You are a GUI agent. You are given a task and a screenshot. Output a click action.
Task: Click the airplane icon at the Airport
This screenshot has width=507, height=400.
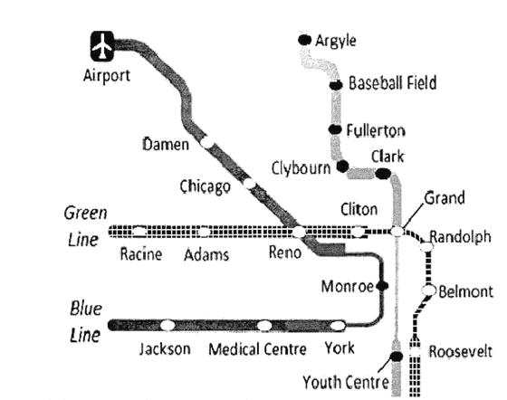(x=102, y=46)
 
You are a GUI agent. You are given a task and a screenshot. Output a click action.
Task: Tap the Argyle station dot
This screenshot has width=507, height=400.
(x=304, y=40)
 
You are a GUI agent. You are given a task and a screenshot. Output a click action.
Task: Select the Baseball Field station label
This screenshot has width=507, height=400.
(x=393, y=82)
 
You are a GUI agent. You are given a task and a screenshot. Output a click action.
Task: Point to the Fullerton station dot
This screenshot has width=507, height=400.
(x=335, y=129)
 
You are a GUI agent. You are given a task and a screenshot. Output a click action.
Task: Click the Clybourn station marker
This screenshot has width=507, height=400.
(x=342, y=167)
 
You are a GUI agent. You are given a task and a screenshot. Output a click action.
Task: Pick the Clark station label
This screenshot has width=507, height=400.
(x=387, y=157)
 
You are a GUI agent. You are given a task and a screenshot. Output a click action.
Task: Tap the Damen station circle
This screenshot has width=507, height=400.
(x=206, y=142)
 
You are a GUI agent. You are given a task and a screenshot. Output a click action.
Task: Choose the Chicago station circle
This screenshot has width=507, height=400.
(x=249, y=184)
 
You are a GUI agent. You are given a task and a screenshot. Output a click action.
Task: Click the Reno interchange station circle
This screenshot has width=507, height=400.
(x=299, y=232)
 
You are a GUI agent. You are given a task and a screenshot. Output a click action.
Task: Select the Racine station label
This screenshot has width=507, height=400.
(x=141, y=254)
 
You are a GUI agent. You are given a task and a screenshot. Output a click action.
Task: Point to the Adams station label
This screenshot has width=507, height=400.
(x=206, y=254)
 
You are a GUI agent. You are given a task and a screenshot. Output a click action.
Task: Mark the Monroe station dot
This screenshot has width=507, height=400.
(x=382, y=286)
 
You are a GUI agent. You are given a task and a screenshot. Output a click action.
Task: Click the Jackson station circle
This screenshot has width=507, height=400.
(x=167, y=325)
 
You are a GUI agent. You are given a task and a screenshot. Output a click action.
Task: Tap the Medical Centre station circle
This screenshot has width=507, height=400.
(x=264, y=326)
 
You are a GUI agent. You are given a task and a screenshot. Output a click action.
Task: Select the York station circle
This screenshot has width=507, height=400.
(x=338, y=326)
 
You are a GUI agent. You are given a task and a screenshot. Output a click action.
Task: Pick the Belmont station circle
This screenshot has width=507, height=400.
(x=429, y=290)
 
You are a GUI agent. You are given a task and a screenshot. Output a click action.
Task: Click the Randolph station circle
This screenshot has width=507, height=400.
(x=426, y=247)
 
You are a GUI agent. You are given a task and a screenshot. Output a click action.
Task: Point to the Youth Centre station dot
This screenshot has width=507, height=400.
(x=397, y=357)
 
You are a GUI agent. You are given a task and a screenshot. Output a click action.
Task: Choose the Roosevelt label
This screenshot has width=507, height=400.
(x=461, y=351)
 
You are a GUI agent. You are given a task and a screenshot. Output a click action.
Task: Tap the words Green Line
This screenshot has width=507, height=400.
(x=85, y=226)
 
